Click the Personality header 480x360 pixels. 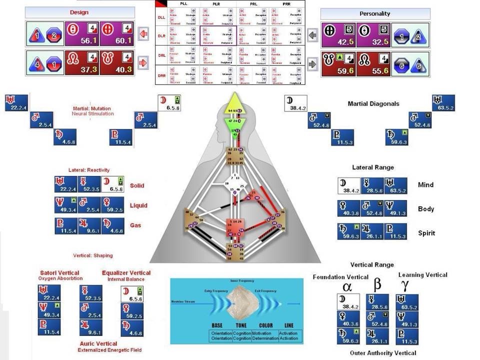[x=374, y=13]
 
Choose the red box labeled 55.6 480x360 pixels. [x=372, y=64]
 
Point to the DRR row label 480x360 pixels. [x=161, y=75]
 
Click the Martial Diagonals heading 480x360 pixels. [x=373, y=103]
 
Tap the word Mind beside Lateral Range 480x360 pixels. [x=425, y=185]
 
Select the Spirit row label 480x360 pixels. [x=426, y=233]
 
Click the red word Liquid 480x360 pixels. [x=138, y=205]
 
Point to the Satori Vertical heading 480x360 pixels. [x=60, y=273]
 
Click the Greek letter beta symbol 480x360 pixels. [x=377, y=284]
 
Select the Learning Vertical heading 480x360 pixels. [x=422, y=274]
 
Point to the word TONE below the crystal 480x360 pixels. [x=242, y=325]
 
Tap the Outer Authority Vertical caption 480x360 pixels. [x=382, y=353]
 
